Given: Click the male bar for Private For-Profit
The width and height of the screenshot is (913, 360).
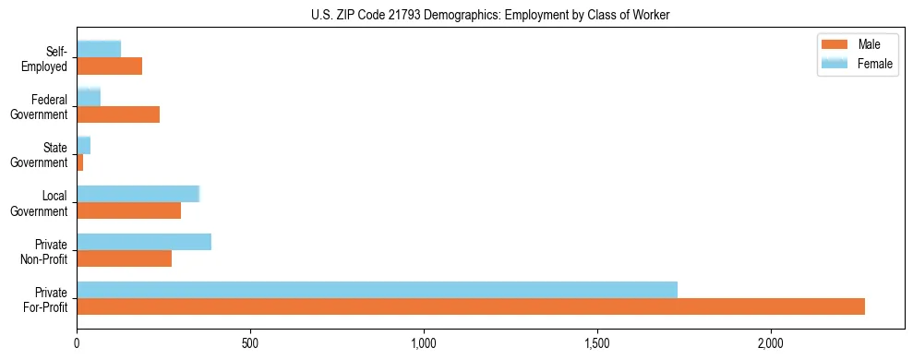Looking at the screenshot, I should pos(471,306).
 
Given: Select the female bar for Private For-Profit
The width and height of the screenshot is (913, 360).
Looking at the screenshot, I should pos(377,290).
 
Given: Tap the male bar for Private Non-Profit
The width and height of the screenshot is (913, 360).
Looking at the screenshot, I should pos(124,258).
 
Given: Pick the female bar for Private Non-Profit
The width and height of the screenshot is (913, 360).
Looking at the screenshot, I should pos(144,242).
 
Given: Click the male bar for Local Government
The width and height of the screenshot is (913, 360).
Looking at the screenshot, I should pos(128,210).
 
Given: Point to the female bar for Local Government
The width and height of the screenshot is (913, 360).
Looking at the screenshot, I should pos(138,194).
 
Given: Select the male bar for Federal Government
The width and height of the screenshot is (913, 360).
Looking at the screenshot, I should pos(118,114).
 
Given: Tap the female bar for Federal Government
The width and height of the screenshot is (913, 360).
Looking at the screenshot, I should pos(89,98).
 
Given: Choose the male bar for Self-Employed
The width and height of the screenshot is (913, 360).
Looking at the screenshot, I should pos(109,66).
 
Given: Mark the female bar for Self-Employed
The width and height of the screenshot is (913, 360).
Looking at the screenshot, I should pos(99,50).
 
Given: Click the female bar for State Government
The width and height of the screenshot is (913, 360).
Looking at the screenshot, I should pos(83,146).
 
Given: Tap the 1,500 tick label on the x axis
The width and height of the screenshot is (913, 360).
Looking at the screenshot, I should pos(597,343).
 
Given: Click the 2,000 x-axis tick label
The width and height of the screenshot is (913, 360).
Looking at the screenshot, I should pos(771,343).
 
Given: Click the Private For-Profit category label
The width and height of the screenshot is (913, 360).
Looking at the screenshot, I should pos(45,298).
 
